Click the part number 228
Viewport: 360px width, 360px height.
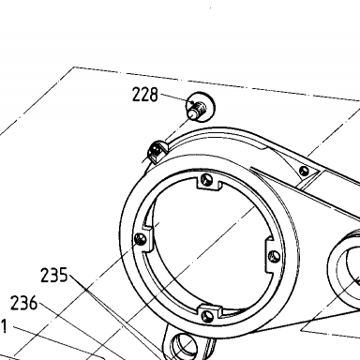point(145,95)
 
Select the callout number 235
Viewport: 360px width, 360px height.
point(54,275)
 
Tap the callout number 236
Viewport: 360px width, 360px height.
point(23,303)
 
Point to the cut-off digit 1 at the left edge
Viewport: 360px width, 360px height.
point(3,326)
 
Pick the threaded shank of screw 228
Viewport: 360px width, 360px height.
point(197,111)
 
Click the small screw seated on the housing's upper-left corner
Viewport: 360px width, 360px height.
point(155,151)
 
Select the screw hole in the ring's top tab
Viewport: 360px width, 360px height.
point(206,179)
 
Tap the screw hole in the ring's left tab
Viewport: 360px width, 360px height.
point(140,239)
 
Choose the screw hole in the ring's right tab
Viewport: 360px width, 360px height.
point(275,257)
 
